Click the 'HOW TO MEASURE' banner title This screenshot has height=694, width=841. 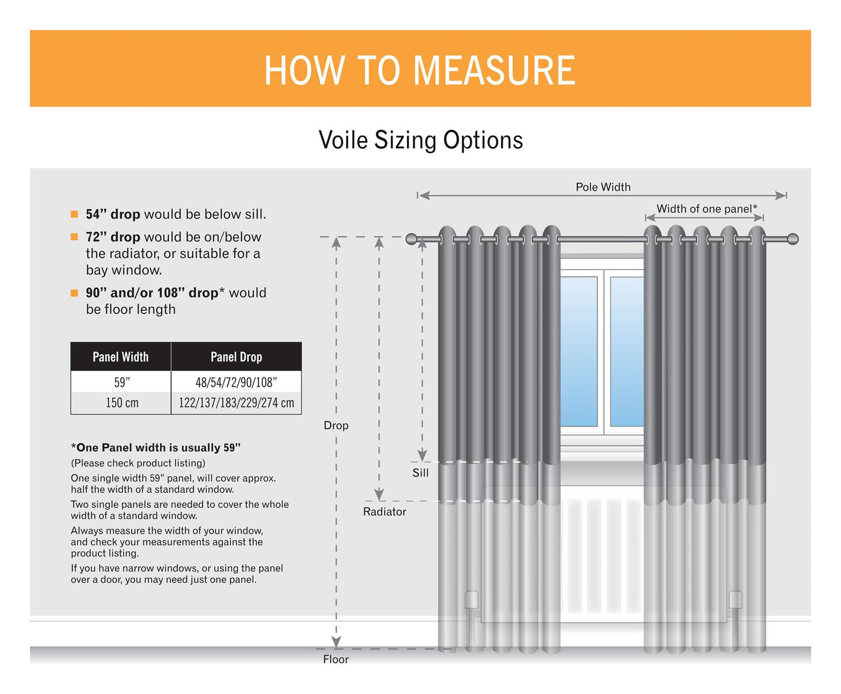tap(420, 70)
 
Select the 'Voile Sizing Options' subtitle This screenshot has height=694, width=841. tap(420, 140)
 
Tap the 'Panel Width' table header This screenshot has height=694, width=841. tap(120, 357)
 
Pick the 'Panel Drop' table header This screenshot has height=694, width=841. tap(236, 357)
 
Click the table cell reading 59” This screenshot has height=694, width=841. tap(122, 383)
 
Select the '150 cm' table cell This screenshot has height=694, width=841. tap(122, 403)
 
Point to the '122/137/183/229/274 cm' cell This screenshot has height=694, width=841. tap(236, 403)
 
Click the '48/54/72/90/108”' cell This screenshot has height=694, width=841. tap(236, 383)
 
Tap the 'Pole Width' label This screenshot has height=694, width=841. tap(602, 187)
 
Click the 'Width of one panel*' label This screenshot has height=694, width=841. tap(707, 208)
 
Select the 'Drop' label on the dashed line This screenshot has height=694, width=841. tap(336, 426)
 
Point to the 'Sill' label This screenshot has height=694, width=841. tap(420, 473)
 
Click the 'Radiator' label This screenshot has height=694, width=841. tap(384, 512)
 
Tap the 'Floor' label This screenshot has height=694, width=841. tap(336, 659)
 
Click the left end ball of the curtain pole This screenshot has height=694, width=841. tap(411, 239)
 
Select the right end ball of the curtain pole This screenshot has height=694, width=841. tap(792, 239)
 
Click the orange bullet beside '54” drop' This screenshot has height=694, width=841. tap(74, 214)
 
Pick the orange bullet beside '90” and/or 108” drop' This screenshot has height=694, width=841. tap(74, 293)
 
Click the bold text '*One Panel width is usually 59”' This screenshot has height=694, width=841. tap(155, 448)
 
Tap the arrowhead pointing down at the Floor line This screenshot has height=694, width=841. tap(336, 642)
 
